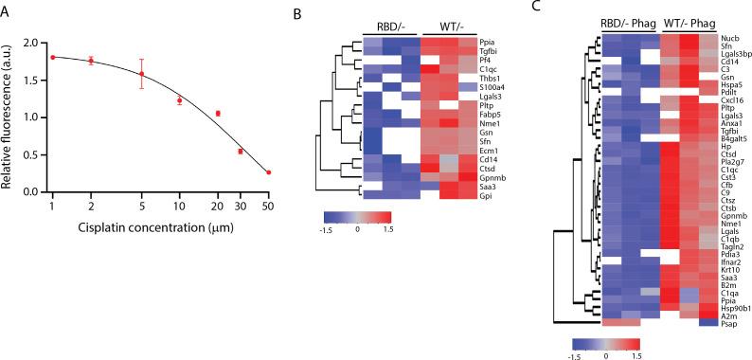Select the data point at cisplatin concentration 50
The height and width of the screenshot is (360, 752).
point(268,172)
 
